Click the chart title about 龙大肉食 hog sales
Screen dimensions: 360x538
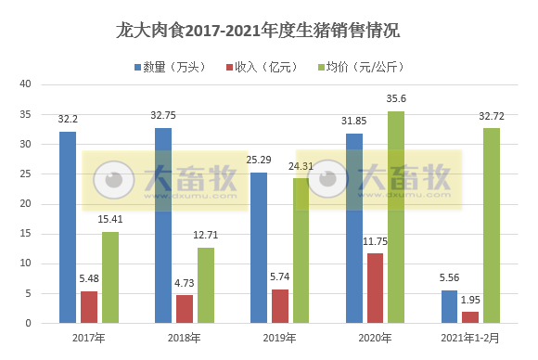268,32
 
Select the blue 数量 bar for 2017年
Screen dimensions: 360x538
68,227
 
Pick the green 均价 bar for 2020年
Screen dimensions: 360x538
396,217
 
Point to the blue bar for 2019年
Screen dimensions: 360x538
258,248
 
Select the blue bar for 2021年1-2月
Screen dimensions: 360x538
449,306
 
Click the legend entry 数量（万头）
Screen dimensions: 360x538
175,67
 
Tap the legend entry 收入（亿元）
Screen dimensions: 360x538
263,67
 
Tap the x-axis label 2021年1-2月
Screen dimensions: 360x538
470,337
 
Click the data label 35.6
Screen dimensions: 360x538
396,98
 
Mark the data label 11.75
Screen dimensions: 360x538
376,241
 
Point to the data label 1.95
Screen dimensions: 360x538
470,300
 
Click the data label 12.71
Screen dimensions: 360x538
206,236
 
